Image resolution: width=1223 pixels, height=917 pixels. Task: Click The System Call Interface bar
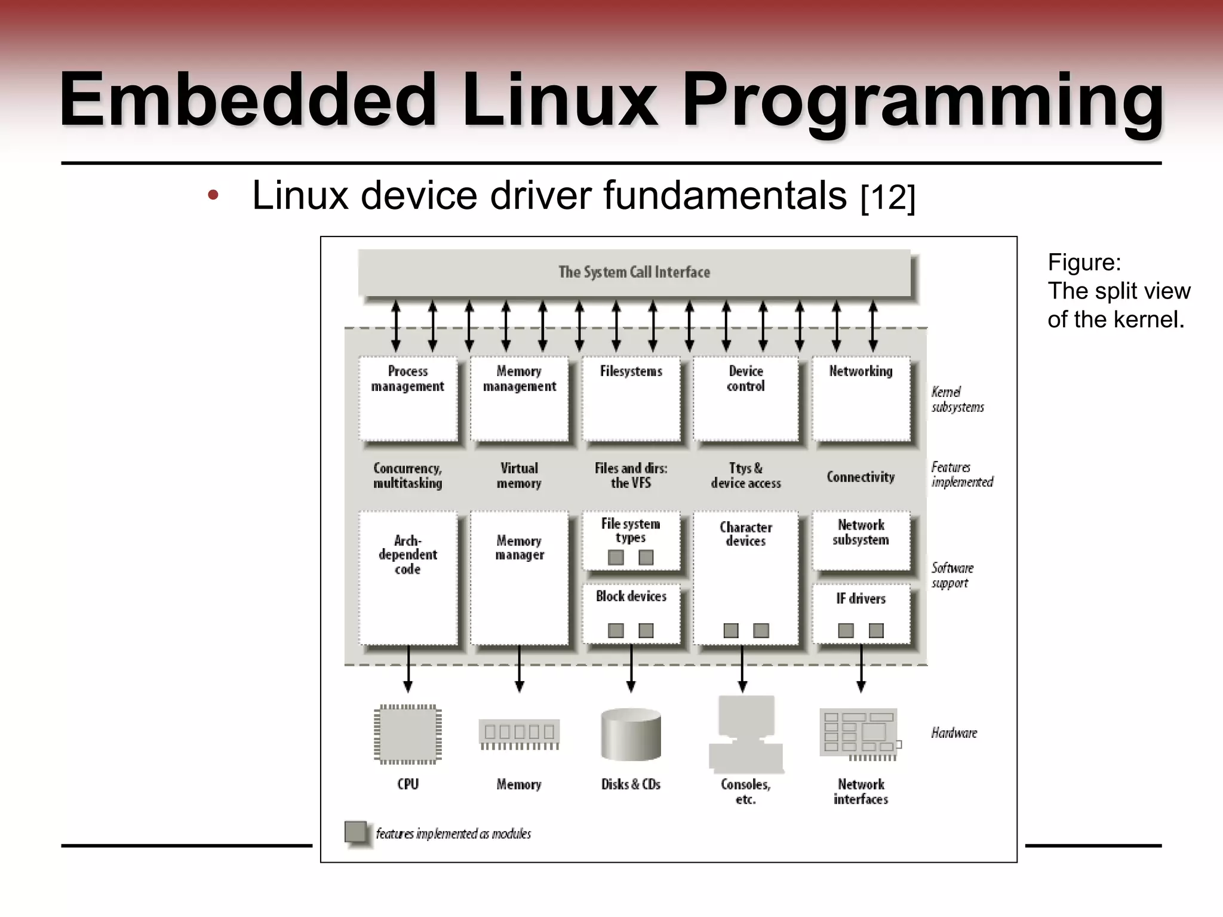point(634,272)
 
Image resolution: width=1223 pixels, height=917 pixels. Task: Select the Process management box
point(408,398)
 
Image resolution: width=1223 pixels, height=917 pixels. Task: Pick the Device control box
point(745,398)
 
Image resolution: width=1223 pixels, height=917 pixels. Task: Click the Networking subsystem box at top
point(861,398)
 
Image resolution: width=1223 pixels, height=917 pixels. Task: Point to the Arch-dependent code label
point(408,555)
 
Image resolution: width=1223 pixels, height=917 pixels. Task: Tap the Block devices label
point(631,596)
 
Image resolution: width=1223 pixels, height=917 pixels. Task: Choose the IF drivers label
point(861,598)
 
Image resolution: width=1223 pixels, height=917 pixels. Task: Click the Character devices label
point(745,534)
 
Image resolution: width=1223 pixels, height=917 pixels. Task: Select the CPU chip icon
point(408,734)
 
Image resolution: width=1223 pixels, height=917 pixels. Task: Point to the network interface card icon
point(859,734)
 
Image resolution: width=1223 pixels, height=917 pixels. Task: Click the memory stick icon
point(519,734)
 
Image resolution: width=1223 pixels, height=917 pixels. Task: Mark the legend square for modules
point(356,832)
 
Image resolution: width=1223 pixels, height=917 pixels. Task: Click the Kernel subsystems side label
point(957,399)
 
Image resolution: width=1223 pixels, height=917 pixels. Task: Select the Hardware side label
point(954,733)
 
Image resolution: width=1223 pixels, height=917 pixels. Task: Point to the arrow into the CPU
point(408,669)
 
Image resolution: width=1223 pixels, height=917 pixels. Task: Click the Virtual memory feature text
point(519,475)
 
